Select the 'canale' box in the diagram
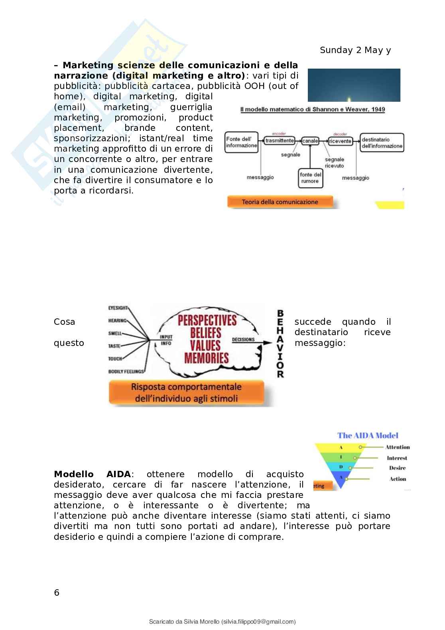point(310,141)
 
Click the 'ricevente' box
point(340,141)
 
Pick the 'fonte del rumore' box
point(311,178)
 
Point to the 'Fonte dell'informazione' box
point(241,142)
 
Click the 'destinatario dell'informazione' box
point(382,143)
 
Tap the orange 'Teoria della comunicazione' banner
point(280,202)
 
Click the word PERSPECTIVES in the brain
point(207,320)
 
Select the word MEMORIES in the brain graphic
point(206,358)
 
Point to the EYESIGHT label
point(118,308)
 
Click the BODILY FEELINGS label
point(126,372)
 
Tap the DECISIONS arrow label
point(243,340)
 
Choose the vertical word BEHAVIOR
point(280,344)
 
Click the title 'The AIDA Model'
point(368,436)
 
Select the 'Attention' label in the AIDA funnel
point(397,447)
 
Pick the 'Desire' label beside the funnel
point(397,468)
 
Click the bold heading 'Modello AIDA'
point(92,474)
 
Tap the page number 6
point(57,593)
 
